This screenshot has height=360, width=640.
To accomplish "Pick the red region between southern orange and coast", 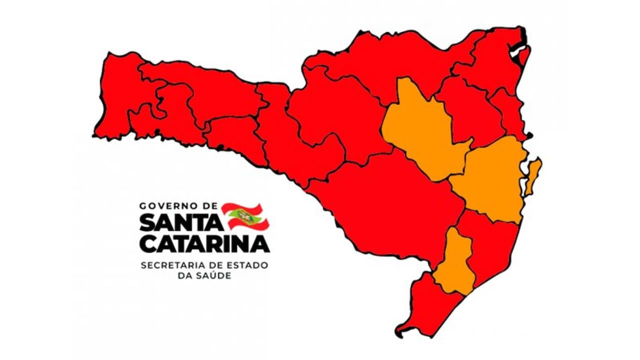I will click(487, 245).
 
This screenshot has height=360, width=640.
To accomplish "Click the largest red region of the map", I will click(390, 205).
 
